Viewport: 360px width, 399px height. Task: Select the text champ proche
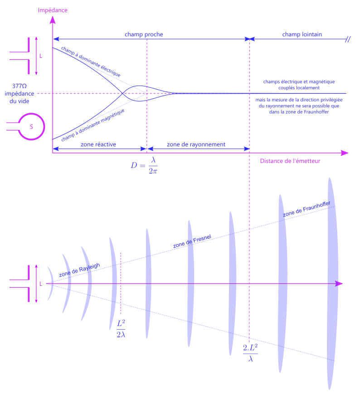144,34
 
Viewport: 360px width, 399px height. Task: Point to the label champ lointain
302,34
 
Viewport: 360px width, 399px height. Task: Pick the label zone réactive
98,144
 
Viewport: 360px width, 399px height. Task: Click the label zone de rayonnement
196,144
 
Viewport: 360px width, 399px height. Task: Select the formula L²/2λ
122,329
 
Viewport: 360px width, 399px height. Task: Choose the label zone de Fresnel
192,241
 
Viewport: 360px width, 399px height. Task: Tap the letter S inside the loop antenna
31,127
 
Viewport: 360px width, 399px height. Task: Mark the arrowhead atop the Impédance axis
53,20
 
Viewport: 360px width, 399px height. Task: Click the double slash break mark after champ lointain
347,39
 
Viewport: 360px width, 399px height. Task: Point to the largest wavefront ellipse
331,283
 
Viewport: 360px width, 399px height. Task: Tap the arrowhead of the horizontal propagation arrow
339,284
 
